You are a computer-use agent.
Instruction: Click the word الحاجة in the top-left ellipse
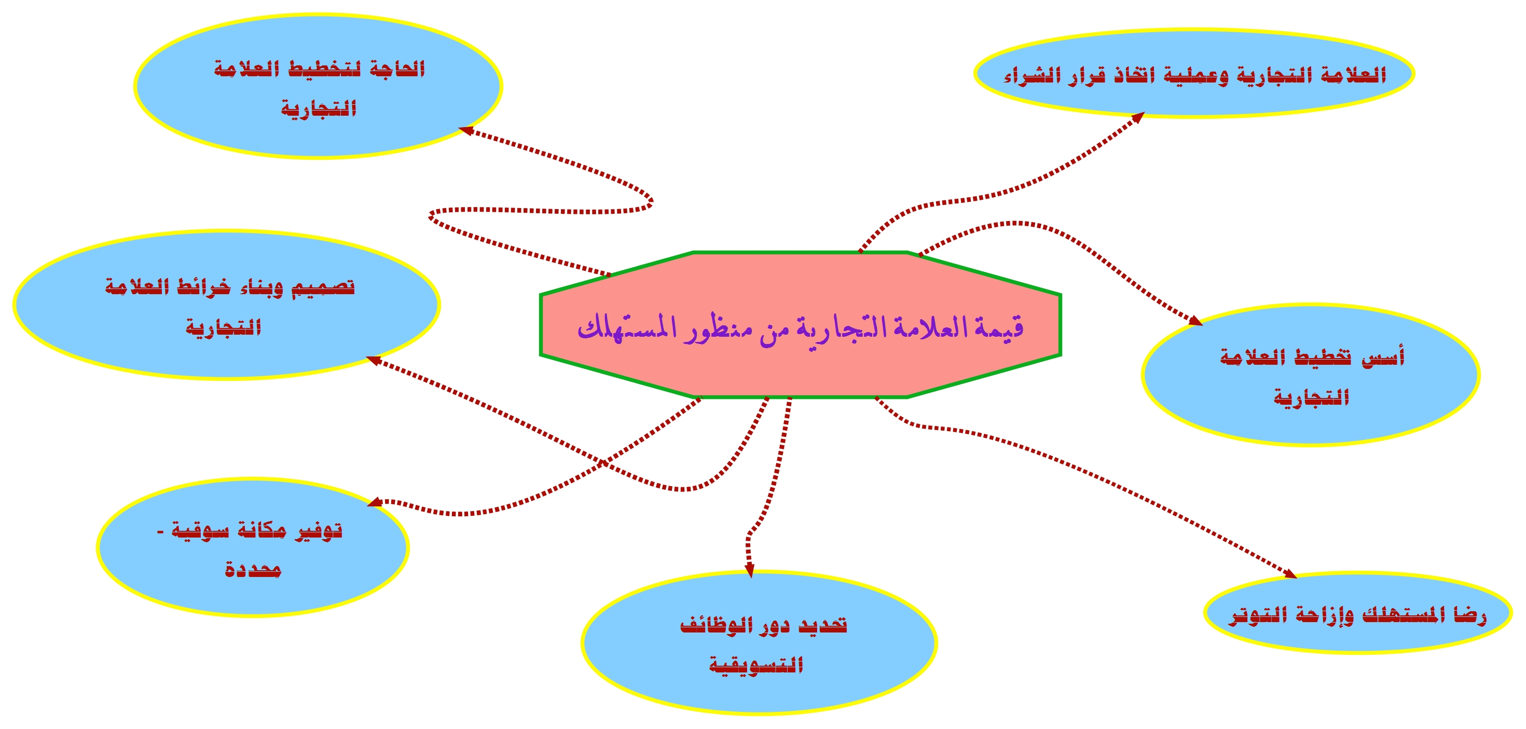pos(397,70)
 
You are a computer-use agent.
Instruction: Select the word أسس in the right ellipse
pos(1383,357)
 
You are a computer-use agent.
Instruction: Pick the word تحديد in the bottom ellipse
pos(823,625)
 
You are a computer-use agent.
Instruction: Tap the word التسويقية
pos(757,665)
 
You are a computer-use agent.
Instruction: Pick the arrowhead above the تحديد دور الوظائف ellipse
pos(749,570)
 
